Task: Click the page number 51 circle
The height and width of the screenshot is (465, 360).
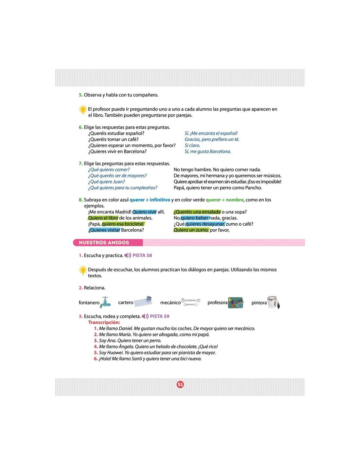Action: point(180,384)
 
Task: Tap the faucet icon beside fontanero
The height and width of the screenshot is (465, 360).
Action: point(105,302)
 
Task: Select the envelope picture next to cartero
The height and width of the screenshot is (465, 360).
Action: point(144,301)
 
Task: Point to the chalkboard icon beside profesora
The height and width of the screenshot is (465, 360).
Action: point(236,302)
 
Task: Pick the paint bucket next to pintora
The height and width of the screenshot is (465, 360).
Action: point(273,302)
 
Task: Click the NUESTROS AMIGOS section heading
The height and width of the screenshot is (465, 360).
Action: point(104,243)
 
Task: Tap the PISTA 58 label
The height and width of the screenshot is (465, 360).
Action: point(142,255)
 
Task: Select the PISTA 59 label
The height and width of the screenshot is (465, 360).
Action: point(159,316)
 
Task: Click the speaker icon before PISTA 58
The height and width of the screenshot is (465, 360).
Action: point(128,255)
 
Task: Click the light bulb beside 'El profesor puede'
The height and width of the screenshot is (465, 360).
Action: point(83,110)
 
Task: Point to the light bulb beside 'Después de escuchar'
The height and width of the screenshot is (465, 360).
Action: point(83,270)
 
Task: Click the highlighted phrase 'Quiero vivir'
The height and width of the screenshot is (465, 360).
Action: point(145,212)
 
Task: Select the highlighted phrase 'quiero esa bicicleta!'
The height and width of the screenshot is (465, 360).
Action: point(123,224)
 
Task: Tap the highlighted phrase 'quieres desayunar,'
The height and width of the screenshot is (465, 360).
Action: point(205,224)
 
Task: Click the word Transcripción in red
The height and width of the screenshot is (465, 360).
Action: point(104,322)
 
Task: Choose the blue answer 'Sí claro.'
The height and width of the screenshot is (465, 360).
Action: point(192,146)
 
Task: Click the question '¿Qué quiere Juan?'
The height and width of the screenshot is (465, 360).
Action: point(106,182)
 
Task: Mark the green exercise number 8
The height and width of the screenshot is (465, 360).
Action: point(81,200)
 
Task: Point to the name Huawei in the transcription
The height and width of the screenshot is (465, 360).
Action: point(115,353)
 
